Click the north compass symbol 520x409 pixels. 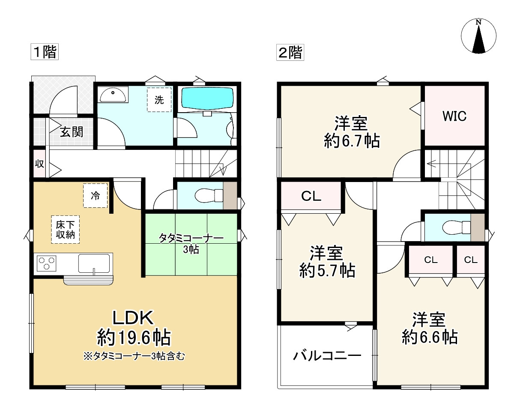(x=479, y=36)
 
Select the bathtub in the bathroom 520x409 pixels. (x=207, y=99)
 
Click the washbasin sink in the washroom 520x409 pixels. (x=113, y=94)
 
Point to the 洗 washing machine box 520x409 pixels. (x=159, y=100)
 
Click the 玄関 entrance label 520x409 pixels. (x=71, y=132)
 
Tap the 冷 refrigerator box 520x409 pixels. (x=95, y=196)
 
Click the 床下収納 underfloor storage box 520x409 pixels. (x=65, y=230)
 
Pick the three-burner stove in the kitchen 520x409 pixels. (x=47, y=262)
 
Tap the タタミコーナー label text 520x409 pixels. (x=191, y=238)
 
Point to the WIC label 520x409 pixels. (x=454, y=116)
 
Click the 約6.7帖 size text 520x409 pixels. (x=352, y=141)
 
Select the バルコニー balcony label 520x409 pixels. (x=327, y=355)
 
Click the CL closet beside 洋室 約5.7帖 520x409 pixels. (x=311, y=196)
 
